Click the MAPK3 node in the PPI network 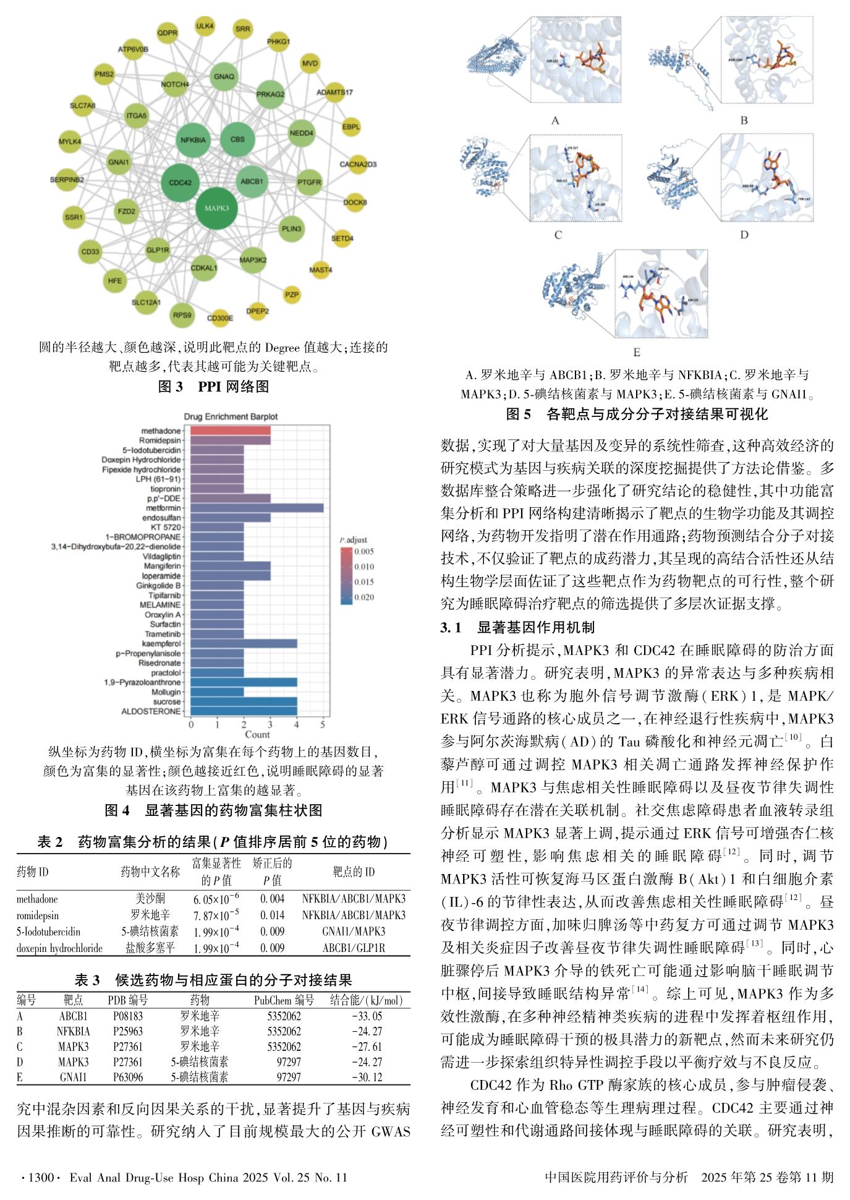(216, 208)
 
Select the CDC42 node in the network (180, 182)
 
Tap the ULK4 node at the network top (205, 27)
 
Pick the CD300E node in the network (220, 318)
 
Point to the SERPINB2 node (67, 180)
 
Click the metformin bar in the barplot (257, 508)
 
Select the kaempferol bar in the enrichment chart (244, 643)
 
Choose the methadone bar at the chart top (230, 431)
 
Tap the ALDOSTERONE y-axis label (151, 711)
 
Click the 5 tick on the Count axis (323, 724)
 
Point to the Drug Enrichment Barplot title (231, 416)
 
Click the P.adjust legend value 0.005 (364, 552)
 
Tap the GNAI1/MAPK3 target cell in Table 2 (354, 932)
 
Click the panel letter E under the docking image (636, 353)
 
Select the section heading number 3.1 (451, 627)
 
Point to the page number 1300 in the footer (41, 1177)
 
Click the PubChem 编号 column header (284, 1000)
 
